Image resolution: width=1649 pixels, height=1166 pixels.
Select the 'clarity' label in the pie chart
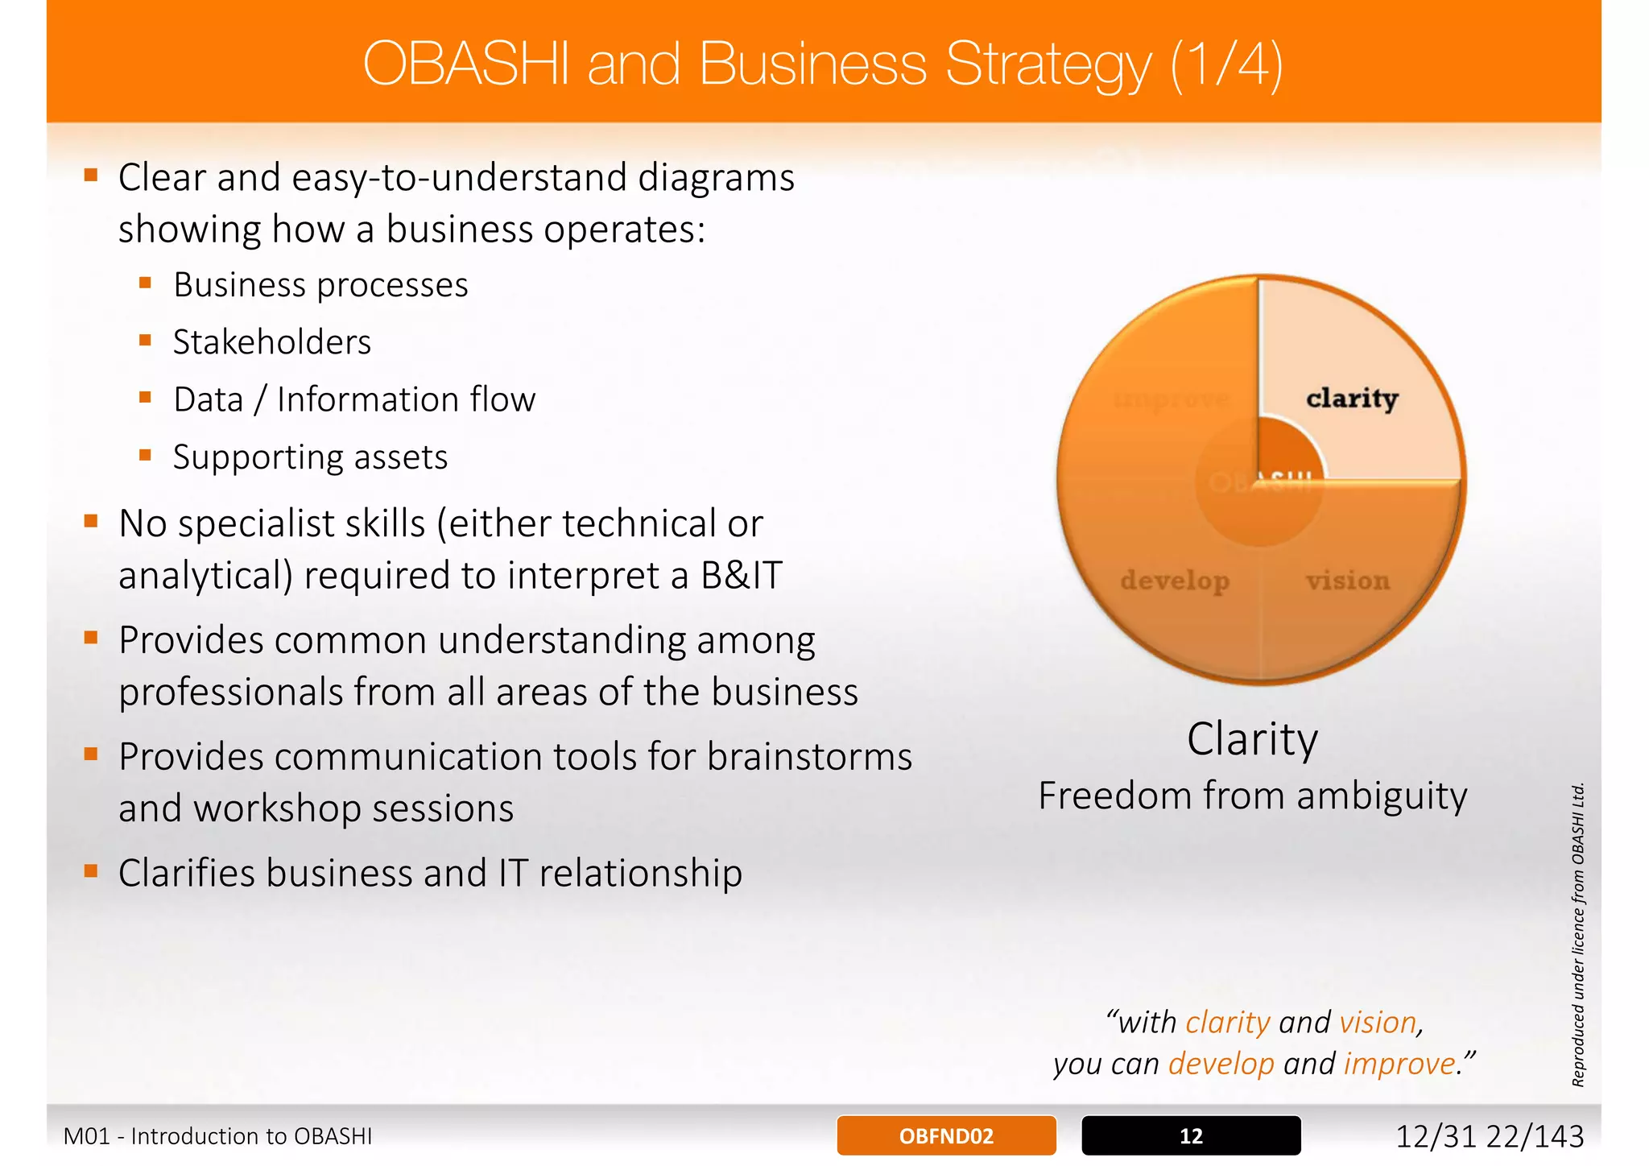(1352, 398)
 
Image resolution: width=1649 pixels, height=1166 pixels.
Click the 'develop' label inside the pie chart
(1175, 580)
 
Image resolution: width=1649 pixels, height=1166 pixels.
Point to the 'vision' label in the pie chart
(1348, 580)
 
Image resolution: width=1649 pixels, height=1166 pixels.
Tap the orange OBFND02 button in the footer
(946, 1135)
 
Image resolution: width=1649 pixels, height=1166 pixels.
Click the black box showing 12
(1191, 1135)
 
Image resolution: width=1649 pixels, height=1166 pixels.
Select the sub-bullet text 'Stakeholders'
(272, 342)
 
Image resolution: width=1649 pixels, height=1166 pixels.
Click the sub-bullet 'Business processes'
(320, 285)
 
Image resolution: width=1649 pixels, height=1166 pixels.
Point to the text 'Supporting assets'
(310, 457)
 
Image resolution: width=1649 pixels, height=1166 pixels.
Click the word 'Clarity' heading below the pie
(1252, 738)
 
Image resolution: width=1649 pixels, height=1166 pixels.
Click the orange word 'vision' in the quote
(1378, 1022)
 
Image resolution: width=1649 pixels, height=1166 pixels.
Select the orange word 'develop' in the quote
(1221, 1064)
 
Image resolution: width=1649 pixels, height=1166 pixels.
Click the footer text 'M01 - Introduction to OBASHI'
(217, 1136)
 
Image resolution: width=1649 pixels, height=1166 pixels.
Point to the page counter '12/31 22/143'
(1489, 1136)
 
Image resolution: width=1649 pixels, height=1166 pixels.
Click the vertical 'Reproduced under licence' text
(1578, 934)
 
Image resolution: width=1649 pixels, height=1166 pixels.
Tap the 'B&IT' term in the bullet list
(741, 576)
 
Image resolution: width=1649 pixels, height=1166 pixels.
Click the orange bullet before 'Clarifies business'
(91, 870)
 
